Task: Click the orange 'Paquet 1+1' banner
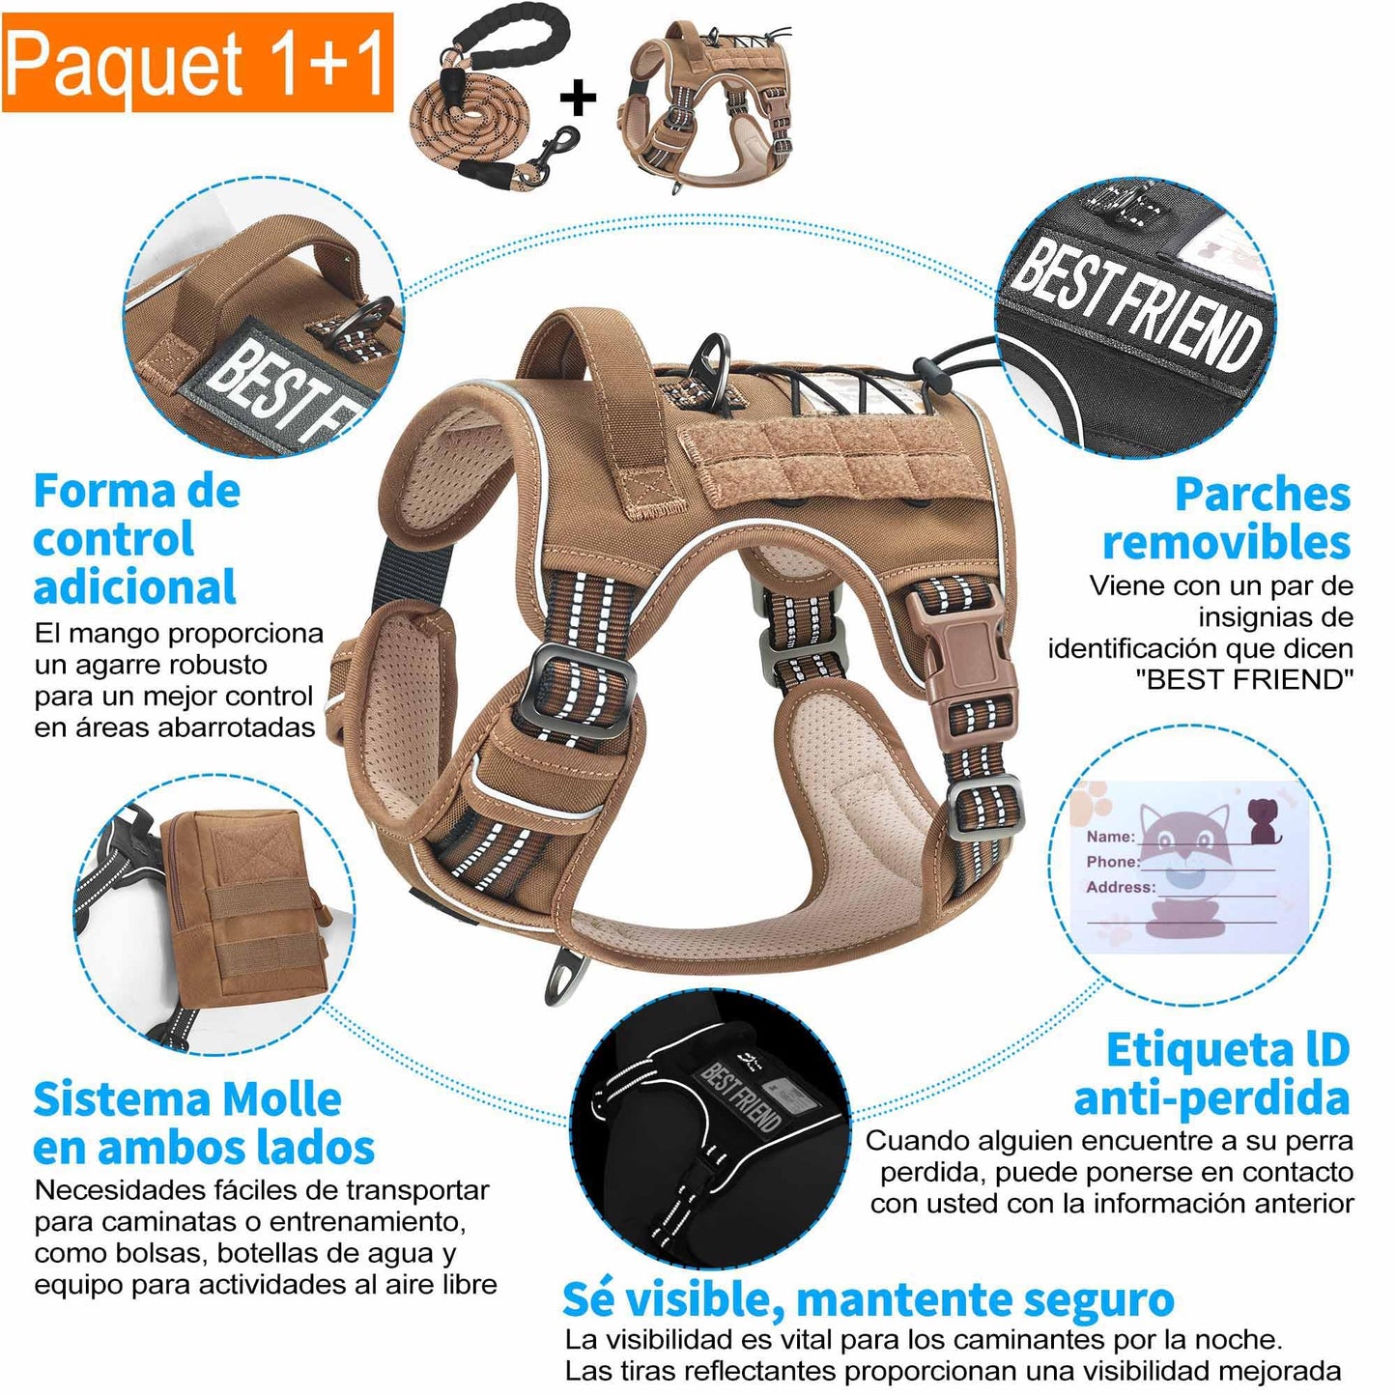[x=197, y=63]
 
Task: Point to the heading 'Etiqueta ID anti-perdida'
[x=1212, y=1074]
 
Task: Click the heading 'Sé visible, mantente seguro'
[x=868, y=1299]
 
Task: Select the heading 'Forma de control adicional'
[x=136, y=539]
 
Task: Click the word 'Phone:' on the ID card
[x=1113, y=862]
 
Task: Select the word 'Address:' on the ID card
[x=1121, y=888]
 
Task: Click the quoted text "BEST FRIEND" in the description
[x=1243, y=679]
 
